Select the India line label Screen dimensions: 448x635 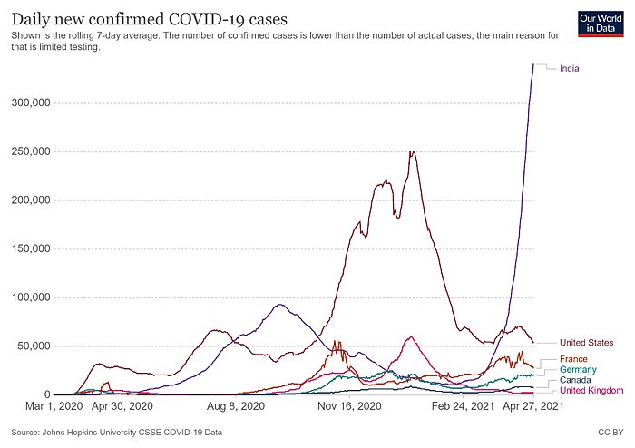pos(570,68)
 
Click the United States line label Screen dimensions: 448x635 pos(587,343)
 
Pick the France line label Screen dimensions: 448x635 pos(573,359)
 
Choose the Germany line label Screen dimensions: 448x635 pos(578,369)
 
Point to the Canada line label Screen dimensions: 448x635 pos(575,380)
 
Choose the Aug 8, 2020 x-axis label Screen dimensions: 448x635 pos(235,408)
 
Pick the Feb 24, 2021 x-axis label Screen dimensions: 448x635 pos(464,408)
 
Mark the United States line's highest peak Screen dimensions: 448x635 pos(413,151)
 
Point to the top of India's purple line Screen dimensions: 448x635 pos(532,63)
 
